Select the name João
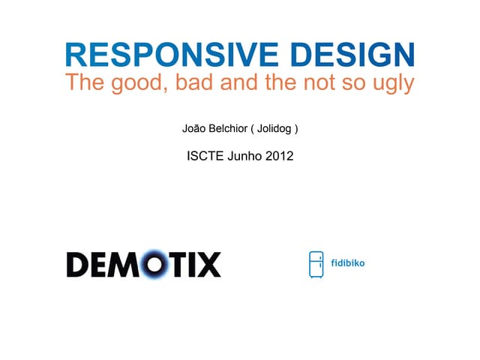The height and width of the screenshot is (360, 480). coord(195,129)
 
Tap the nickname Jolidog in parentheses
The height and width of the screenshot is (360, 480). coord(277,129)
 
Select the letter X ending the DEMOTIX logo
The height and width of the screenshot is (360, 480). coord(208,264)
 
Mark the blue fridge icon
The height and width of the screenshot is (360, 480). coord(316,264)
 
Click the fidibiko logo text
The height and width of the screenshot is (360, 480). coord(348,264)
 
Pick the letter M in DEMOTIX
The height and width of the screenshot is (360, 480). coord(125,264)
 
